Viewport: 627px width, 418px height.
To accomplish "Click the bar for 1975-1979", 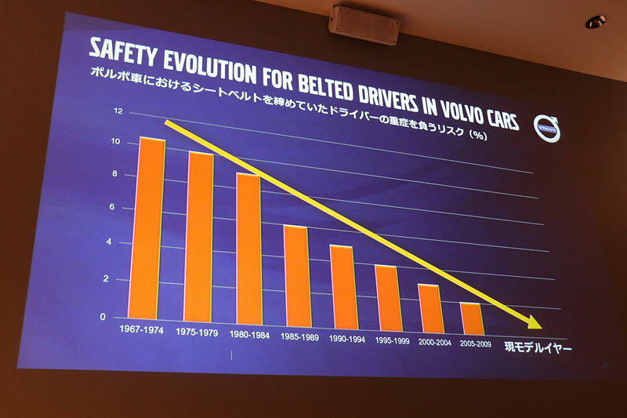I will click(x=200, y=238).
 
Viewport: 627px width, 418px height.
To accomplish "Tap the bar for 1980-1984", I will click(x=248, y=249).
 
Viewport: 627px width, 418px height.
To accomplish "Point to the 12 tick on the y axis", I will click(x=118, y=111).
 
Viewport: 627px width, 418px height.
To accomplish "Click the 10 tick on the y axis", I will click(x=116, y=142).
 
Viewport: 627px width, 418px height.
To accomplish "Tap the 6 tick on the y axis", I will click(x=113, y=208).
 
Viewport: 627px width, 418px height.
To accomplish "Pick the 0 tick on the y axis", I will click(x=111, y=317).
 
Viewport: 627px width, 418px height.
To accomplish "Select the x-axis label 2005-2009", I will click(x=475, y=343).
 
